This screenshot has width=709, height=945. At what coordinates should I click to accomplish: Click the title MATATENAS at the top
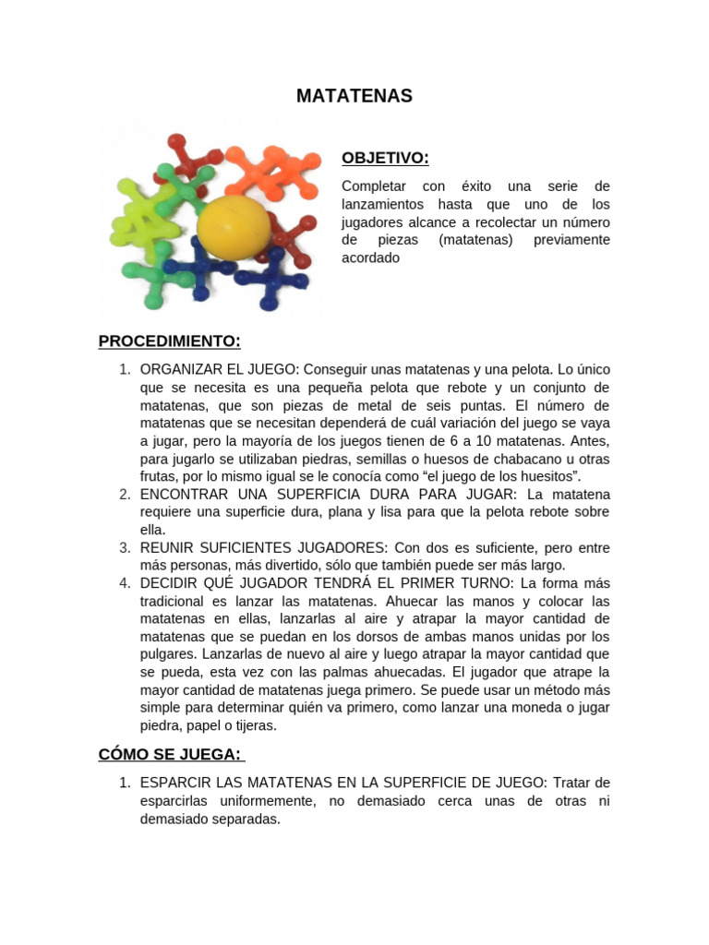[354, 97]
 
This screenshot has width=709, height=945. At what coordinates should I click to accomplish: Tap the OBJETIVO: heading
[385, 158]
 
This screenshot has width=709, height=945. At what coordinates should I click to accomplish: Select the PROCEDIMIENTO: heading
[169, 341]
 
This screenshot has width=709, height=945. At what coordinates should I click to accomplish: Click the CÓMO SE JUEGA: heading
[169, 754]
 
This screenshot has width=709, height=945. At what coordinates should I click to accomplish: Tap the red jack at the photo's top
[190, 158]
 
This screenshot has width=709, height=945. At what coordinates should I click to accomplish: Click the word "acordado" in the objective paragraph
[370, 257]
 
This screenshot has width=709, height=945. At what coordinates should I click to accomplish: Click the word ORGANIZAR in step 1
[178, 369]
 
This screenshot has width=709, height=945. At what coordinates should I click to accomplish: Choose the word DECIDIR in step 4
[167, 583]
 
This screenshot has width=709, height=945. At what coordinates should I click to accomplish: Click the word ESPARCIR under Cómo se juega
[173, 783]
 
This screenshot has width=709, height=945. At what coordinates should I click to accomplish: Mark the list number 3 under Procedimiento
[125, 547]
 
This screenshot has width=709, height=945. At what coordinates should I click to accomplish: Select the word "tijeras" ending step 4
[255, 725]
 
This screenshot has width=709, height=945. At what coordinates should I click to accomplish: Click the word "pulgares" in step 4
[167, 654]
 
